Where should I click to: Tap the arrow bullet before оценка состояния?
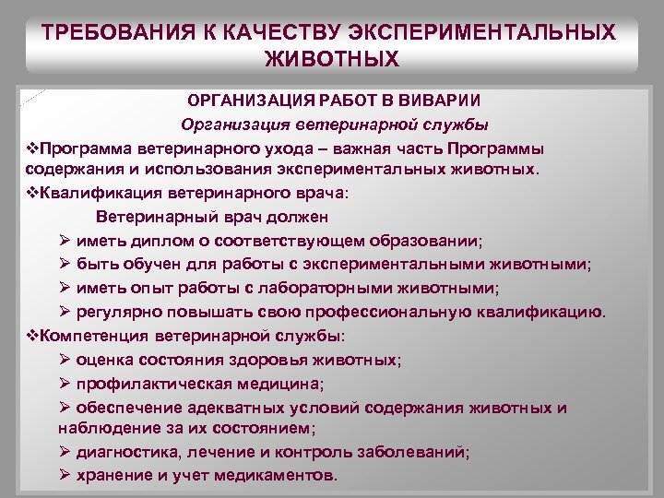(65, 359)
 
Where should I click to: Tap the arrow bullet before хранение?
(65, 476)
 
